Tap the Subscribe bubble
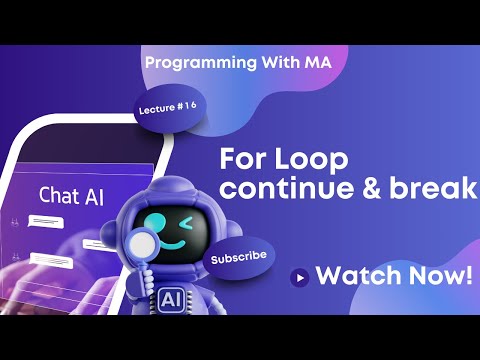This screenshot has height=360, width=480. tap(239, 257)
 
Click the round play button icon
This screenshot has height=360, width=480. tap(298, 277)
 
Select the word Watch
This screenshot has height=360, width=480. tap(354, 276)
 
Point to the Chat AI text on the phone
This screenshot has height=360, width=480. tap(68, 195)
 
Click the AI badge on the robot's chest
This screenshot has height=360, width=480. tap(170, 298)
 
